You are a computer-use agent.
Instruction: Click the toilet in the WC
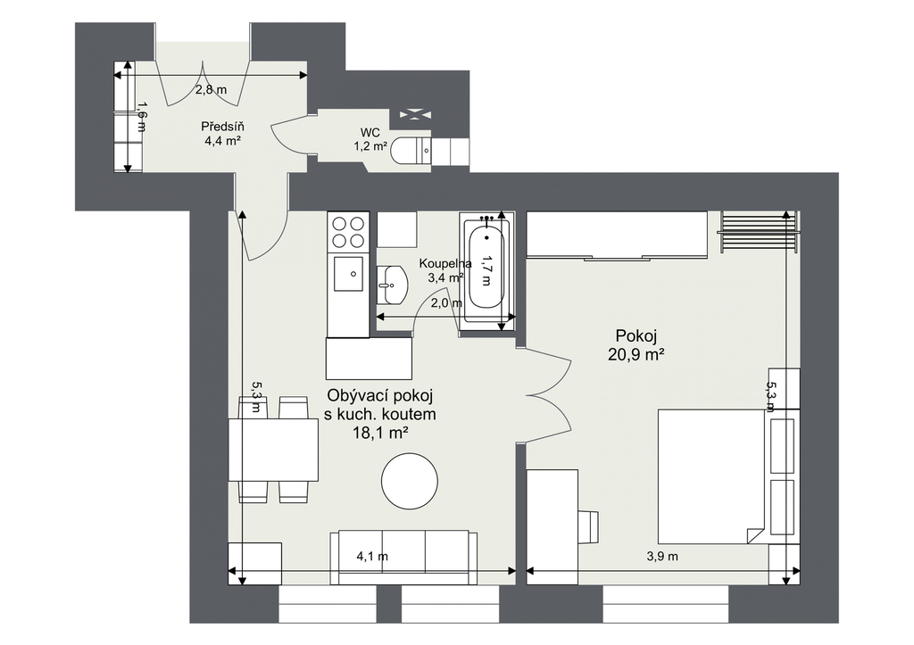[411, 151]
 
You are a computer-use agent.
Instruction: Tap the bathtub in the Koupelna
[486, 269]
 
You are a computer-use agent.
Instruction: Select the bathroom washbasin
[392, 285]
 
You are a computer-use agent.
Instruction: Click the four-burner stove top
[349, 231]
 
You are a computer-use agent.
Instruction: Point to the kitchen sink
[349, 274]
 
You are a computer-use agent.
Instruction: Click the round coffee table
[409, 481]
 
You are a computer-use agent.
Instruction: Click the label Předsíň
[222, 127]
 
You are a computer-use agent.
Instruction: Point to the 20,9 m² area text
[636, 354]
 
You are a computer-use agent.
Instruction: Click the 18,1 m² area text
[379, 433]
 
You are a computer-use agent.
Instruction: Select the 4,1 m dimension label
[372, 557]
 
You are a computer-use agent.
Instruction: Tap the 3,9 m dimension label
[662, 557]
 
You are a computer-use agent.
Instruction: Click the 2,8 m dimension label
[211, 90]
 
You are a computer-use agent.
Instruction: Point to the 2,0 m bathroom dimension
[446, 303]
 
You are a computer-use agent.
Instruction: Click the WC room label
[370, 134]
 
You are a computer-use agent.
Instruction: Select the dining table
[273, 450]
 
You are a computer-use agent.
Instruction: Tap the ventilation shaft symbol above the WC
[416, 114]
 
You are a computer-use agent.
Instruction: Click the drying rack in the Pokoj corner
[758, 232]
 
